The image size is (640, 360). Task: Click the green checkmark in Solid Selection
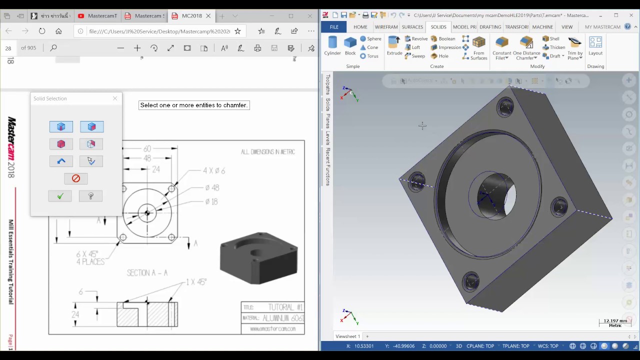[60, 196]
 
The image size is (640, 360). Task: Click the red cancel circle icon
[76, 178]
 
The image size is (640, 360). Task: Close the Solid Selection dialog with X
[115, 98]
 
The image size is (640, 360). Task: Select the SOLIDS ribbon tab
[438, 27]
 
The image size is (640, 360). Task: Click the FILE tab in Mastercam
[334, 27]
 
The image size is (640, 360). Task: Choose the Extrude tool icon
[394, 45]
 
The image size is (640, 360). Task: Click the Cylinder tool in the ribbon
[332, 45]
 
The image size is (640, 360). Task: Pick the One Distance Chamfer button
[526, 48]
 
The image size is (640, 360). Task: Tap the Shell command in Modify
[551, 39]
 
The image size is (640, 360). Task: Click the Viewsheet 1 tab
[347, 336]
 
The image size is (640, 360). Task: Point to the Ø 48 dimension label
[212, 188]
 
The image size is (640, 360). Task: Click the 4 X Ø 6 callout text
[214, 171]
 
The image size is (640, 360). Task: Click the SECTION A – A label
[147, 273]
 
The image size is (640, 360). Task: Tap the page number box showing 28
[8, 48]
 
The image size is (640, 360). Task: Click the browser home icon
[58, 31]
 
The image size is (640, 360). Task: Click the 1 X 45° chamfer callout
[196, 282]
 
